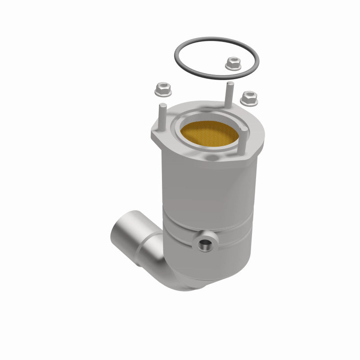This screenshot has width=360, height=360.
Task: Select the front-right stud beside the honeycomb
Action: coord(243,139)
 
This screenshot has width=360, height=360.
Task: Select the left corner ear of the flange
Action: coord(155,135)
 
